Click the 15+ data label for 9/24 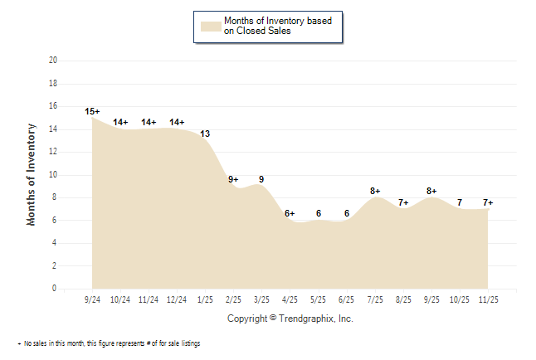(x=92, y=111)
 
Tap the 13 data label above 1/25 (x=205, y=133)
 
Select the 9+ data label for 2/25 (x=233, y=179)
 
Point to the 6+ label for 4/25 (x=290, y=214)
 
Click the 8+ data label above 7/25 (x=375, y=192)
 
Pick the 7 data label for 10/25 (x=460, y=202)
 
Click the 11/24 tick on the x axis (x=149, y=299)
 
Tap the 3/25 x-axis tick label (x=261, y=299)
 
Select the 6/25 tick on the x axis (x=347, y=299)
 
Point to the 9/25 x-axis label (x=431, y=299)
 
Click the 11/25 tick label (x=488, y=299)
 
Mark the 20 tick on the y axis (x=53, y=61)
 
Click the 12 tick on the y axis (x=53, y=152)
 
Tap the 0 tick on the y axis (x=55, y=289)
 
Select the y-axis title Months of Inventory (x=32, y=174)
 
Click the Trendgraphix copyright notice (x=290, y=319)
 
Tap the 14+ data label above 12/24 (x=177, y=122)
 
